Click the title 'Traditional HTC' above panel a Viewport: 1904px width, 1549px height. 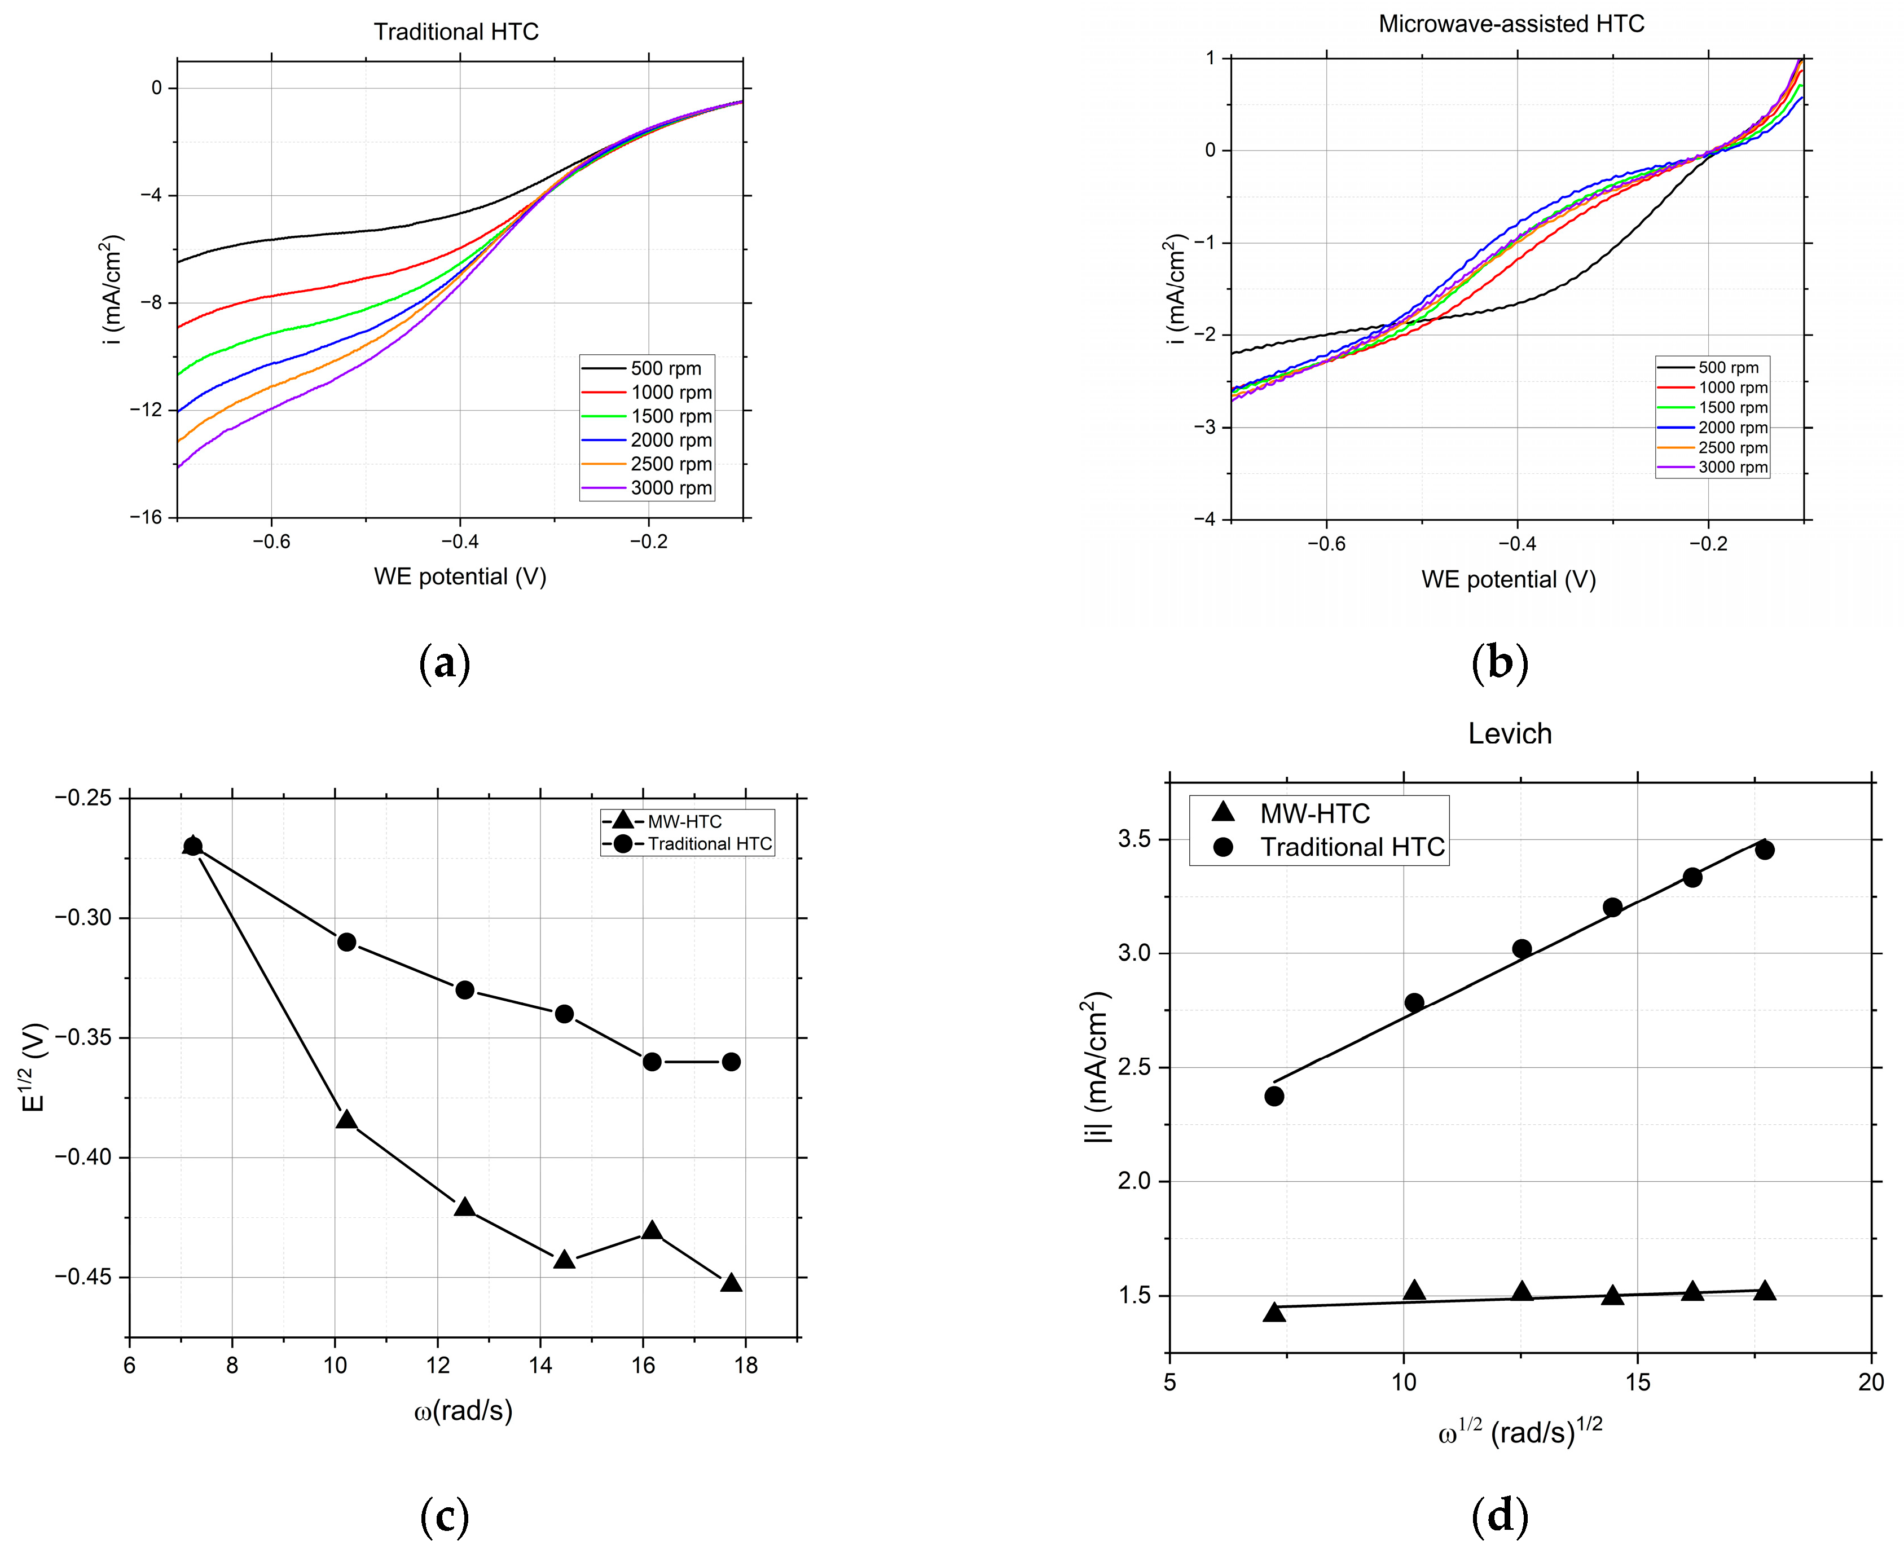(456, 32)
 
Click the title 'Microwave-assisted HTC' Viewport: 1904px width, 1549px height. (1511, 24)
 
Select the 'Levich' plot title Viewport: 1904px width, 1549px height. (1510, 733)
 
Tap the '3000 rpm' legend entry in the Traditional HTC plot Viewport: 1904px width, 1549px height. (670, 488)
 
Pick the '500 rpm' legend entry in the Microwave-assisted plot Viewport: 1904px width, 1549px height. (1727, 368)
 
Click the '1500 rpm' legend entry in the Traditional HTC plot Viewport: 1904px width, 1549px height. (670, 417)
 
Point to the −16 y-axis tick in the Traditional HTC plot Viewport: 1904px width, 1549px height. (146, 517)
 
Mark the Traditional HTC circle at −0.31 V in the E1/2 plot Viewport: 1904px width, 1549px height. (346, 942)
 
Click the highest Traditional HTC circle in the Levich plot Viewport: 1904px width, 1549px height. (1764, 850)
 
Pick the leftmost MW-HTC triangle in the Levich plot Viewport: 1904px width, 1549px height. (1274, 1312)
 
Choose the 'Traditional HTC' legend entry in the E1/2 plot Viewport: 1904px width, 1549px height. (709, 844)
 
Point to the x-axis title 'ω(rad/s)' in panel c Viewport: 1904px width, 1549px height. (463, 1411)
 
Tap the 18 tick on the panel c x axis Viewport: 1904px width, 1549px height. (745, 1365)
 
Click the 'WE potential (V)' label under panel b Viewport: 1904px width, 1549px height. (1508, 580)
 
